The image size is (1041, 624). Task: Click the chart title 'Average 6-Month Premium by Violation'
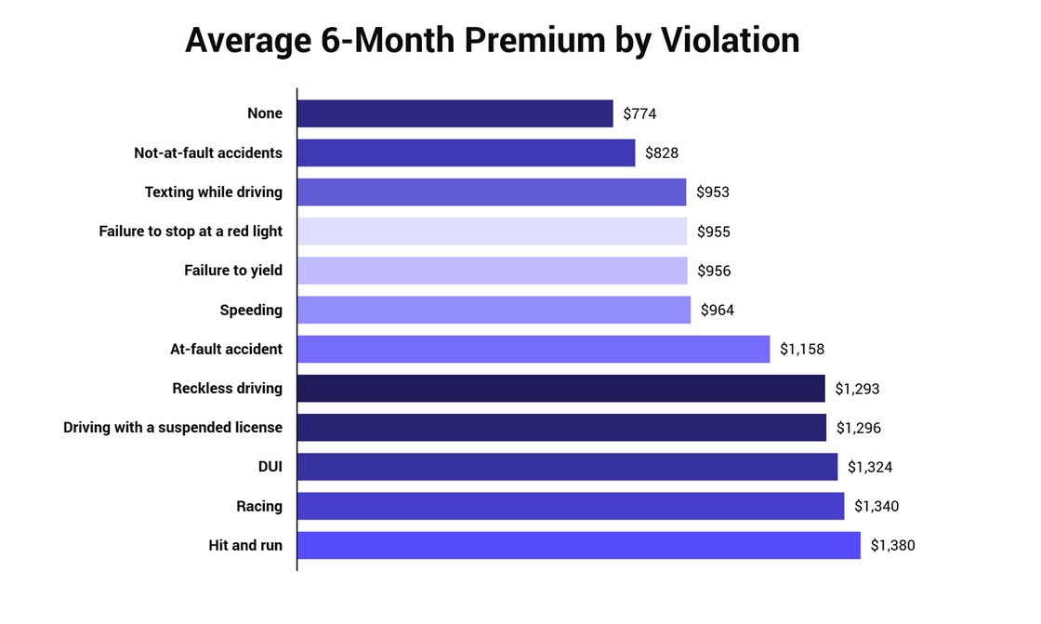coord(492,41)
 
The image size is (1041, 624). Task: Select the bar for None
coord(455,113)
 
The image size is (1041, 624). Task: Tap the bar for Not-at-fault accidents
coord(466,153)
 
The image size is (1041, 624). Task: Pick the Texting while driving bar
coord(491,193)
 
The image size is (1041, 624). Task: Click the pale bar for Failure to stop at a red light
coord(492,232)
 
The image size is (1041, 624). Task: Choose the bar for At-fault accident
coord(534,350)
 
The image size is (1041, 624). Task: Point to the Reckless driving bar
coord(560,389)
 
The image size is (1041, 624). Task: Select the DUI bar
coord(567,467)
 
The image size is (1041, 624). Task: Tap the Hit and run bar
coord(578,545)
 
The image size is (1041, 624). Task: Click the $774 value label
coord(640,114)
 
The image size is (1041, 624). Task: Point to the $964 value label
coord(718,311)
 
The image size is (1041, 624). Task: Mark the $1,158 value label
coord(802,350)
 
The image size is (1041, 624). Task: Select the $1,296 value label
coord(858,428)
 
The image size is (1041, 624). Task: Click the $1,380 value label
coord(892,546)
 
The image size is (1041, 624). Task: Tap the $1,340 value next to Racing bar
coord(876,507)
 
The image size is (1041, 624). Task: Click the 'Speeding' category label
coord(251,311)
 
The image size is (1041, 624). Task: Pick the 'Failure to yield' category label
coord(233,271)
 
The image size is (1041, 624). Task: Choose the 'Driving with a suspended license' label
coord(173,428)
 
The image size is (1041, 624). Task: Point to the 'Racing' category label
coord(259,507)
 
